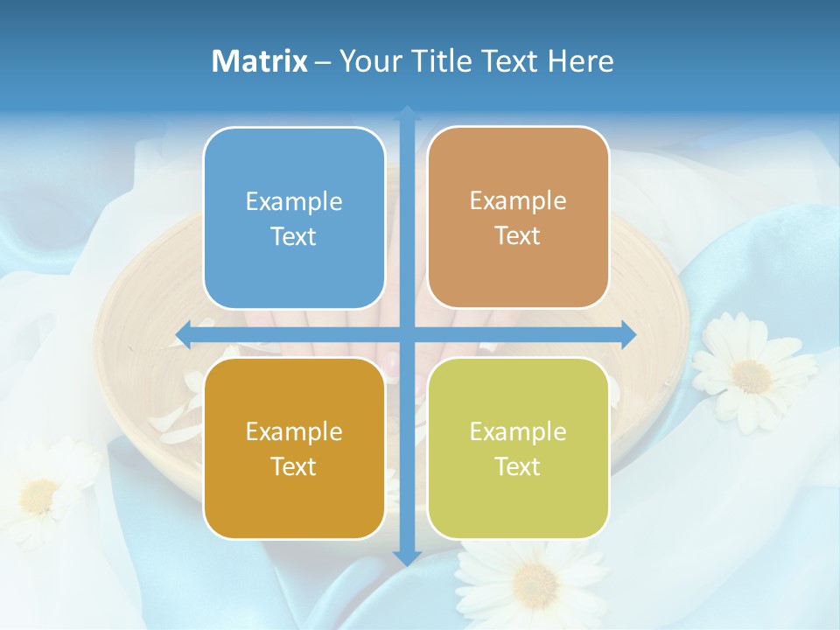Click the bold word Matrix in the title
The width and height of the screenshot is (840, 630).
260,61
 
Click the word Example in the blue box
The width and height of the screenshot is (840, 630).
294,201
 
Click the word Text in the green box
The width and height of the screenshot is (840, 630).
518,467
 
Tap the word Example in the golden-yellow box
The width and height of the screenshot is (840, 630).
294,431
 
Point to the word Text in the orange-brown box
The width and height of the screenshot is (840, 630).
518,236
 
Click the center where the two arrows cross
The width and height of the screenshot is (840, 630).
407,334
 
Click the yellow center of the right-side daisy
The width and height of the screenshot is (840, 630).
751,375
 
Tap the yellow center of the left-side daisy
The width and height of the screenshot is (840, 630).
39,496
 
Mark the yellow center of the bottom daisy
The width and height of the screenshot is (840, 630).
534,583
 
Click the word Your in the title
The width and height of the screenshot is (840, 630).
368,61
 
